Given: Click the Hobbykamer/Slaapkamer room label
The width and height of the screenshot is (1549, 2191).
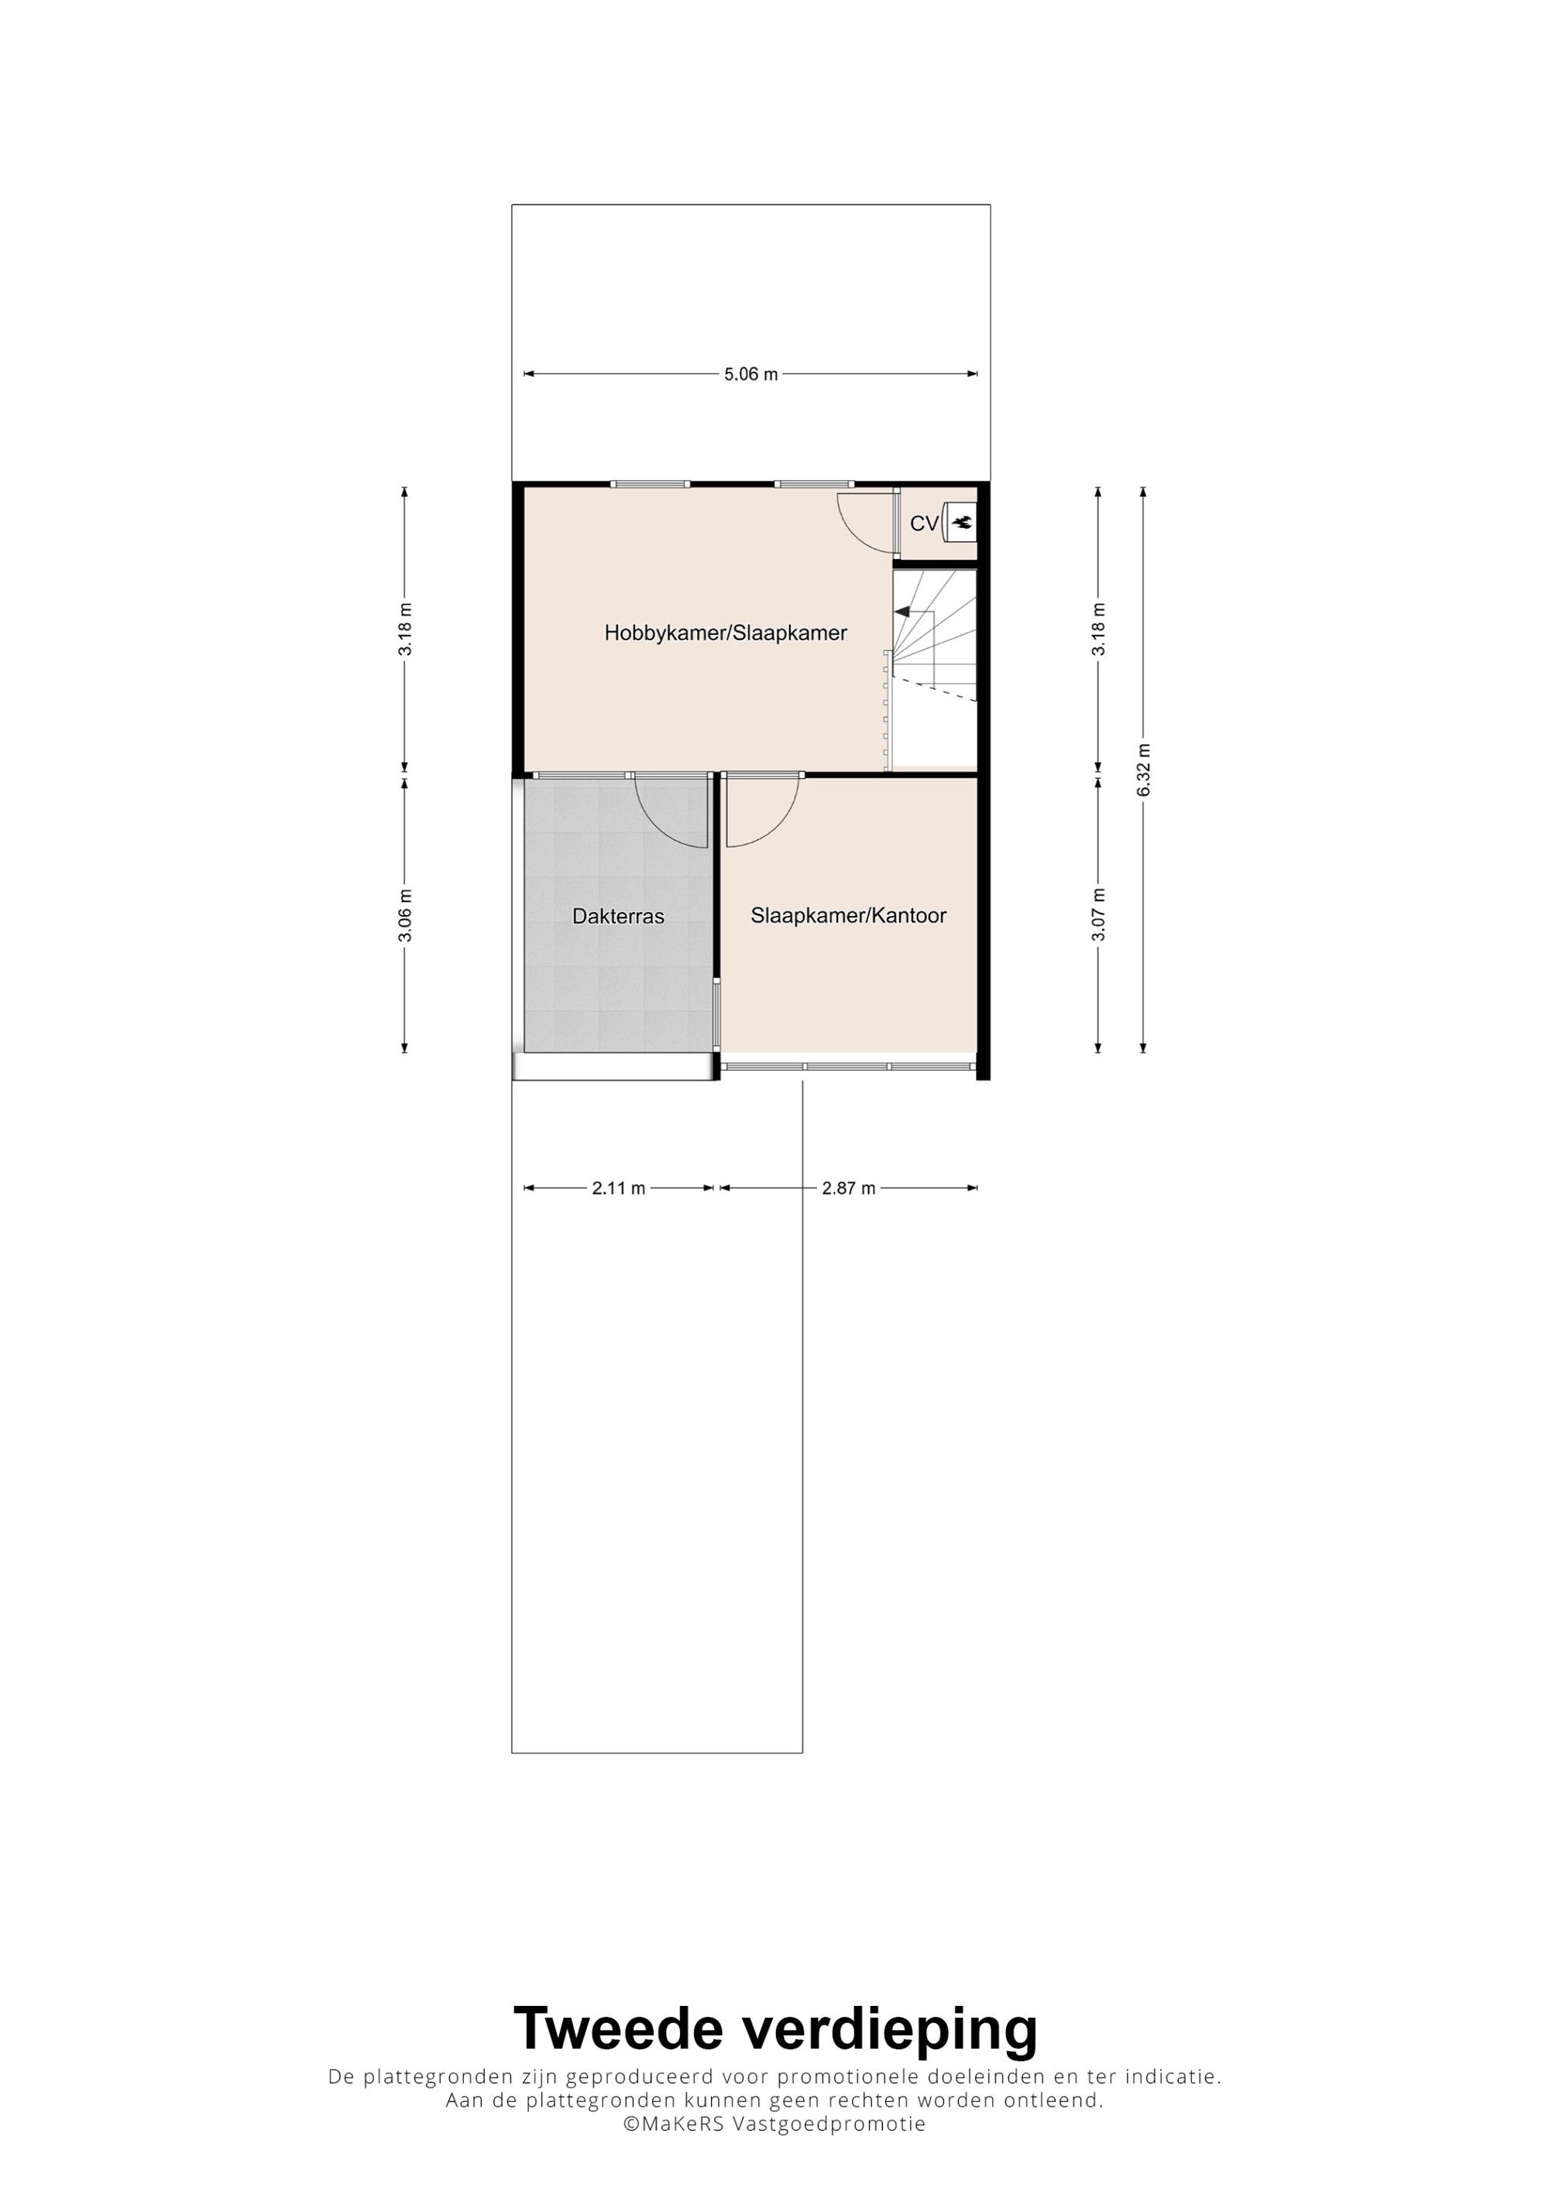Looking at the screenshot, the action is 726,633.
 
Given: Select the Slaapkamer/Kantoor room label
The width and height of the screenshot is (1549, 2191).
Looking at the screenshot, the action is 849,915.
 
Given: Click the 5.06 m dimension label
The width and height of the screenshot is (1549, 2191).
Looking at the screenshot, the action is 750,374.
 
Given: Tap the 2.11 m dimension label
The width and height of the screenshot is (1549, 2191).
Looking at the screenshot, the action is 619,1188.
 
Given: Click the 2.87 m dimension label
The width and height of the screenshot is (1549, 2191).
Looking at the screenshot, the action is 849,1188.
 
